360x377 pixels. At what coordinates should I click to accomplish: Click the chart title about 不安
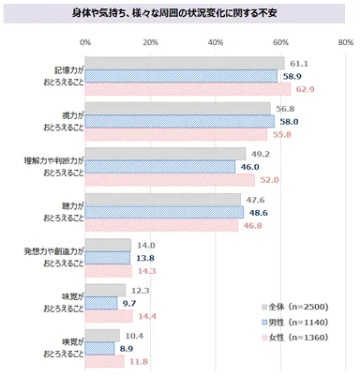(180, 15)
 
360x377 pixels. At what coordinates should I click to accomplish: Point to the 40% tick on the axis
(216, 43)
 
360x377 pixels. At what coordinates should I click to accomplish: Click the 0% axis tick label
(86, 43)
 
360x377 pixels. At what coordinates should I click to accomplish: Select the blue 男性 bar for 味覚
(101, 303)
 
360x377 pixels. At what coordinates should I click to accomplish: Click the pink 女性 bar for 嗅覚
(105, 360)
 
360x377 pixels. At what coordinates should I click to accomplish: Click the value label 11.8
(138, 360)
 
